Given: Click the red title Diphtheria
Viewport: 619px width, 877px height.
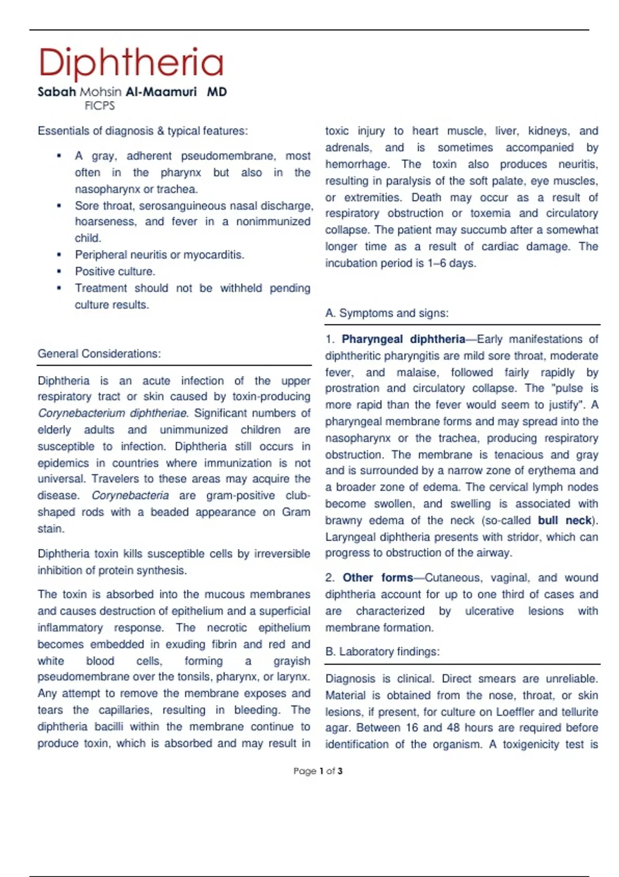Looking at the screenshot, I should click(x=131, y=62).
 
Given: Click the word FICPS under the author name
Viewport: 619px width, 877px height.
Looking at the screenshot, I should click(x=100, y=106).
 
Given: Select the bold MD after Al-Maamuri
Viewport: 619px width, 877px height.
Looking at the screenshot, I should click(x=217, y=92).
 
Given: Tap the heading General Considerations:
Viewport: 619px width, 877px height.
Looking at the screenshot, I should click(x=99, y=354).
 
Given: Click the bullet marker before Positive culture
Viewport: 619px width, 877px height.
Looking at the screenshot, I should click(x=59, y=271).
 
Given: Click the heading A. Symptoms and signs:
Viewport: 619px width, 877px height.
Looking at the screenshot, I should click(x=387, y=313).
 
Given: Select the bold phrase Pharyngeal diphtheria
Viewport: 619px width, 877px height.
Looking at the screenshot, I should click(x=403, y=339).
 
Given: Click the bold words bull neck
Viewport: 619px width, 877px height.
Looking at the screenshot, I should click(x=565, y=521).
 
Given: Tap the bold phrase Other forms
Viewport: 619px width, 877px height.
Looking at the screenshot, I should click(x=378, y=578).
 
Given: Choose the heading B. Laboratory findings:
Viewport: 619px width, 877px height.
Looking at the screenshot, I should click(x=382, y=652).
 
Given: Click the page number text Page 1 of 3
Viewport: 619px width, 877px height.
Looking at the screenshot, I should click(x=318, y=771).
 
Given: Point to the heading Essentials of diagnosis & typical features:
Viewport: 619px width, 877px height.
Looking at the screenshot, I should click(x=142, y=131).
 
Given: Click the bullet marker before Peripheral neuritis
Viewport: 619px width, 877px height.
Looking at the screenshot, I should click(x=59, y=255).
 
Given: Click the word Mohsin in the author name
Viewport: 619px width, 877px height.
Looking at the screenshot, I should click(x=101, y=92).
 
